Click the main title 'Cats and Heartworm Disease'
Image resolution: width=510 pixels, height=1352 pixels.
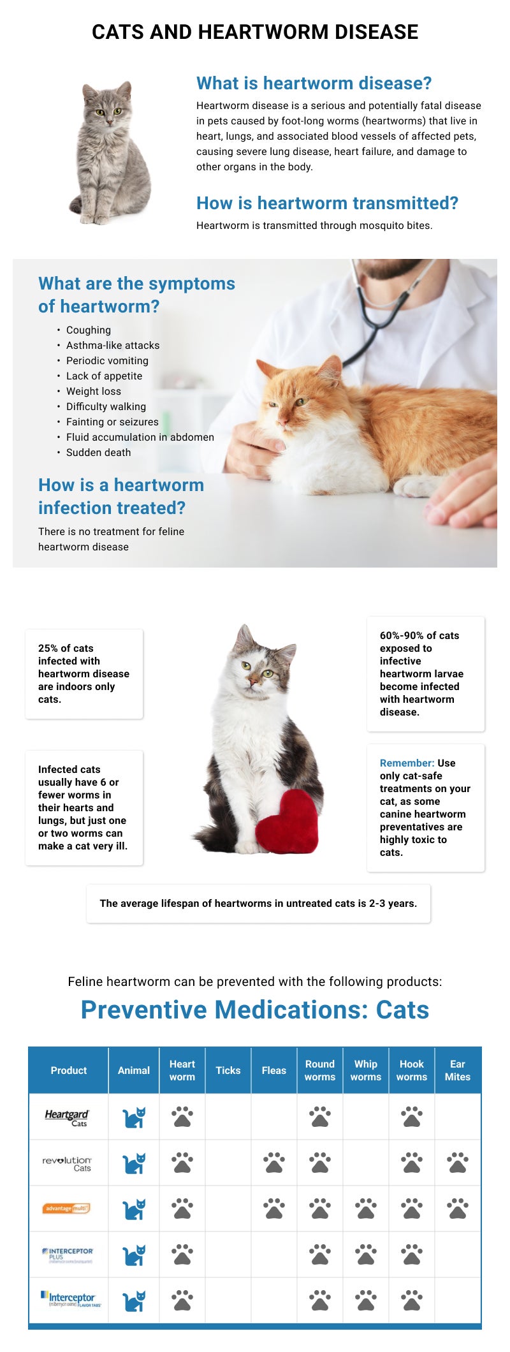click(255, 32)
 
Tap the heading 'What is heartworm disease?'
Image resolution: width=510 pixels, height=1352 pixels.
click(314, 84)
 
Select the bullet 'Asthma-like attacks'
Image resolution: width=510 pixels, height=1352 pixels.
click(113, 346)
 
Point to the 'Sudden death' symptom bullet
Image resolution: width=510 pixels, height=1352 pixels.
click(98, 453)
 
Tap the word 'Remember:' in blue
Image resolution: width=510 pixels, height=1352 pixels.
click(407, 763)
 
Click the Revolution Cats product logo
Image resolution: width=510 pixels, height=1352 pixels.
click(68, 1164)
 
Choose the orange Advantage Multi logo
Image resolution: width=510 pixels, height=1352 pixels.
click(67, 1209)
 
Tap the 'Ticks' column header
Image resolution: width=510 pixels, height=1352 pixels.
click(228, 1071)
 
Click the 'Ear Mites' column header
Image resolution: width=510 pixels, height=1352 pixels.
click(458, 1071)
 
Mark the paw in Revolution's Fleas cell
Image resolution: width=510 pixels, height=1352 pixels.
click(274, 1163)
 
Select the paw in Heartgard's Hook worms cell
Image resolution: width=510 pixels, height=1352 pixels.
click(412, 1117)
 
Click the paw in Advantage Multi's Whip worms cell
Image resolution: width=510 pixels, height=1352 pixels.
click(366, 1209)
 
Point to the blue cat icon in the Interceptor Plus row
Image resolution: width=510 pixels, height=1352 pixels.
click(134, 1255)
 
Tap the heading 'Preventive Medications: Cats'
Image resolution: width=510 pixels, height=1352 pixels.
click(255, 1010)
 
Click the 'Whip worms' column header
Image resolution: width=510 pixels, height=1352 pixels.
click(366, 1071)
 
